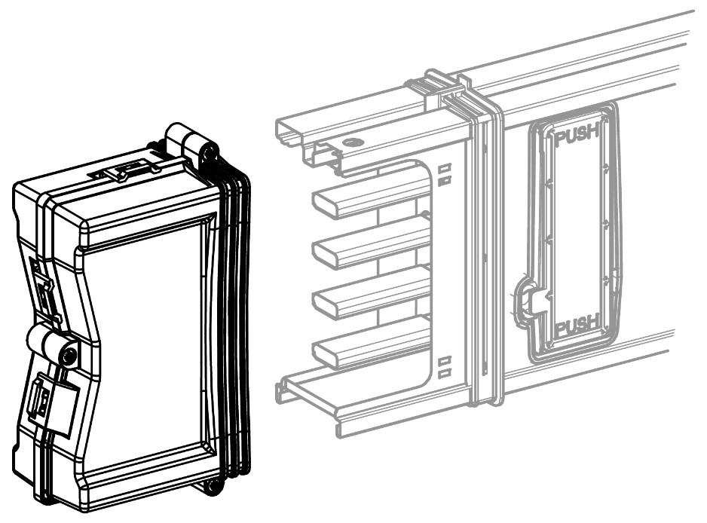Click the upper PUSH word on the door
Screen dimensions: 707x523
click(577, 135)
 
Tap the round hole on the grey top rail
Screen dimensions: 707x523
click(353, 142)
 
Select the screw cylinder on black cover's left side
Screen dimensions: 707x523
click(52, 345)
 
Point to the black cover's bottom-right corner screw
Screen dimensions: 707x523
click(211, 486)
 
